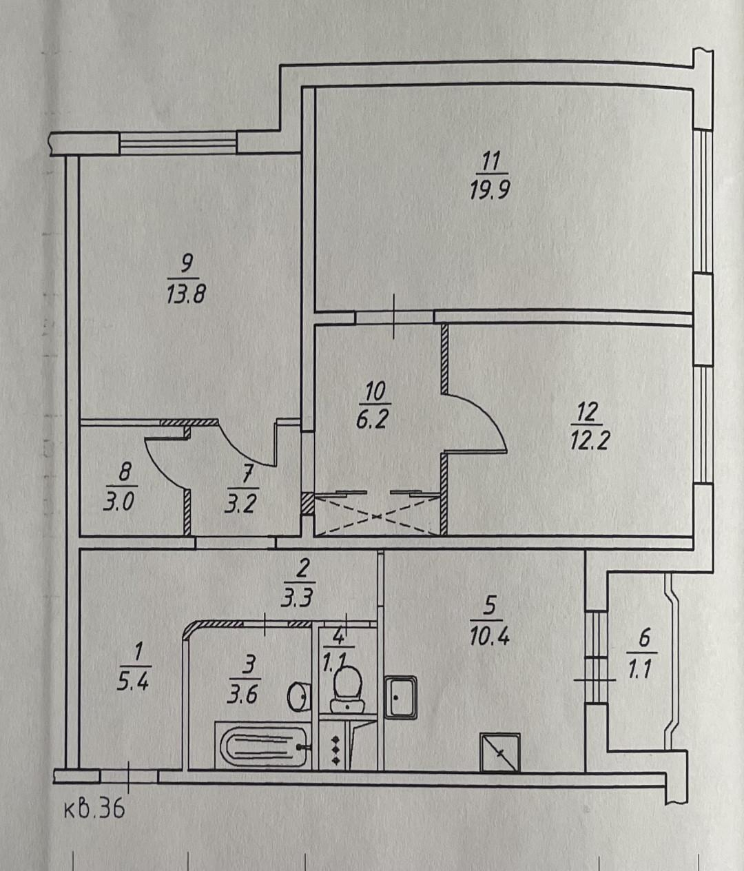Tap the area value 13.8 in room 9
click(186, 294)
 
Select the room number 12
click(586, 412)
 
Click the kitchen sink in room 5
click(400, 697)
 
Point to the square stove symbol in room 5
click(499, 752)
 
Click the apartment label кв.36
click(94, 808)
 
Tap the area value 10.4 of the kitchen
click(489, 636)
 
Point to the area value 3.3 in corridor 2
click(298, 597)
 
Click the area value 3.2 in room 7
click(240, 503)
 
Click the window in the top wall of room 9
click(178, 143)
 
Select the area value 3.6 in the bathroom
click(242, 693)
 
